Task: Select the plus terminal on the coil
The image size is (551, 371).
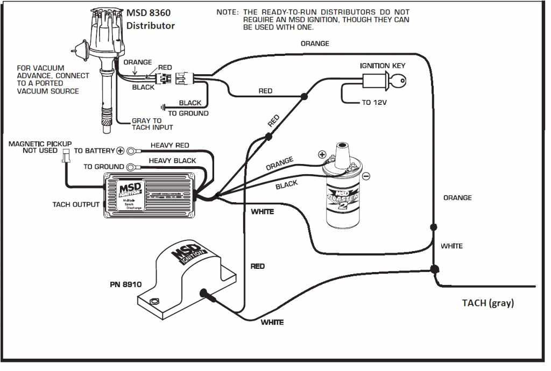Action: (x=322, y=154)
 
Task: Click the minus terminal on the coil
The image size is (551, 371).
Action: (x=366, y=176)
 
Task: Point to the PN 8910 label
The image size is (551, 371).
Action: (x=125, y=284)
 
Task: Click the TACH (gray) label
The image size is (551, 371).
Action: (x=488, y=303)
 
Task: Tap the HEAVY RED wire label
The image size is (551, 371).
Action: (x=169, y=146)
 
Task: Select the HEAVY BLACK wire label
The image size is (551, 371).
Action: (x=172, y=160)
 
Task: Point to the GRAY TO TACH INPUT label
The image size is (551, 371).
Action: (x=152, y=124)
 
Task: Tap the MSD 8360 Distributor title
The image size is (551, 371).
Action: (x=150, y=19)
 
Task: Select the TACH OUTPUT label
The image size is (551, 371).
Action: (x=75, y=204)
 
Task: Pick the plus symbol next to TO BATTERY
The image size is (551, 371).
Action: (x=121, y=151)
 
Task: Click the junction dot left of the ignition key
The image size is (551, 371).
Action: (x=304, y=97)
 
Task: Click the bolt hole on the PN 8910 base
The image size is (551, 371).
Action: (x=155, y=301)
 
